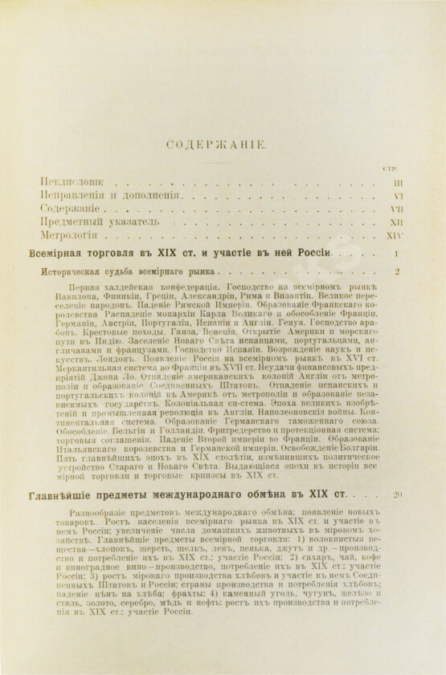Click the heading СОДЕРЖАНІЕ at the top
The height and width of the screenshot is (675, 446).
tap(222, 144)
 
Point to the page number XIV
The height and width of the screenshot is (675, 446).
tap(395, 236)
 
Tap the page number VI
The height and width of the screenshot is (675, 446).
tap(397, 196)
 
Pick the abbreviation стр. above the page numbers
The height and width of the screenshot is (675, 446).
tap(391, 168)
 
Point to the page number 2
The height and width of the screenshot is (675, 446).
tap(398, 271)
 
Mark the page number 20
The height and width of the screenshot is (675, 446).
tap(397, 494)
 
